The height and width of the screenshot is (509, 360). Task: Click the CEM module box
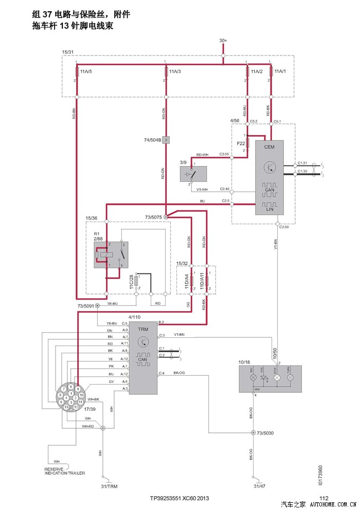point(269,177)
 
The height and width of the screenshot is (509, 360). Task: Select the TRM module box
point(143,358)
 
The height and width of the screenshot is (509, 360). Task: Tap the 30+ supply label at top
point(223,40)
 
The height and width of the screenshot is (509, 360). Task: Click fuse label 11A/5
point(86,71)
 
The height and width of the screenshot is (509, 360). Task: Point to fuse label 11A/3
point(175,71)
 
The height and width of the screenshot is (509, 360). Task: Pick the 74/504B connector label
point(153,139)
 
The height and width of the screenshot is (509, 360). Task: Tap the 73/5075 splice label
point(153,217)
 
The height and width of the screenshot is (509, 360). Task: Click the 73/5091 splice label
point(85,306)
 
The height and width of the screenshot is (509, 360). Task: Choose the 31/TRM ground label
point(109,485)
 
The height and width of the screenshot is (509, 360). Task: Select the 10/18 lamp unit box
point(270,379)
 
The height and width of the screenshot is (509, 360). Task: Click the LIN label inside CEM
point(269,209)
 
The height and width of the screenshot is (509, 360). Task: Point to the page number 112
point(323,498)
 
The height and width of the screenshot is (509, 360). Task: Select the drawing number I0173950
point(320,476)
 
